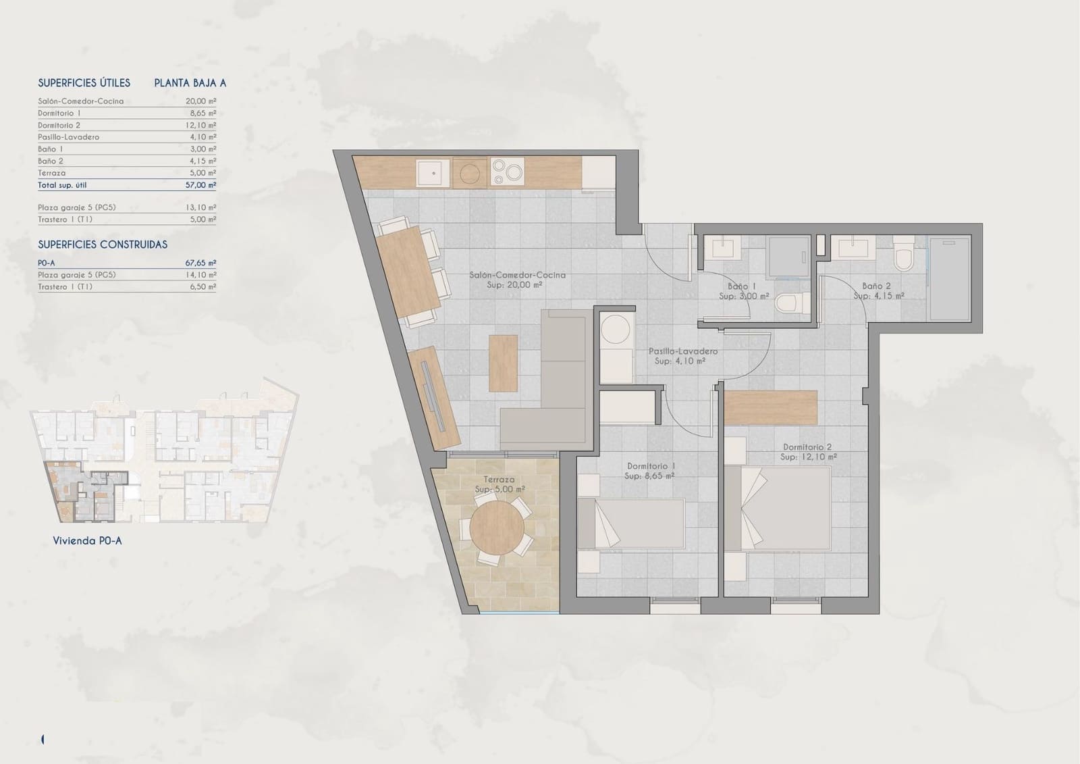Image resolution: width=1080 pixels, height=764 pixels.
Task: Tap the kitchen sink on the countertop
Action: (432, 172)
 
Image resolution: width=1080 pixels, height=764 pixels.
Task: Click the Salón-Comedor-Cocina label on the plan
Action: (517, 276)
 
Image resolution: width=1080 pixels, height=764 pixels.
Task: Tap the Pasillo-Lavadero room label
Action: (682, 351)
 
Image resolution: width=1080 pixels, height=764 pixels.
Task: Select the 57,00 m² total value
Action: (201, 185)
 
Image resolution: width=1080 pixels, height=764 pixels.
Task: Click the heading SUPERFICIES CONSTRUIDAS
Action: (103, 245)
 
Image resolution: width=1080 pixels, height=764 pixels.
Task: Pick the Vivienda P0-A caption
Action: (87, 540)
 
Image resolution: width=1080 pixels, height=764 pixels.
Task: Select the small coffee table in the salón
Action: (503, 363)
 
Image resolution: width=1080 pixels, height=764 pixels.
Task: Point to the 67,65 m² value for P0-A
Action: (201, 263)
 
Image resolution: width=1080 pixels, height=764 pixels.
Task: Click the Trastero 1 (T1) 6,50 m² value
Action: (201, 287)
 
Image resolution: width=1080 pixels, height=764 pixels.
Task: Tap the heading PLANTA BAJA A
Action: (190, 83)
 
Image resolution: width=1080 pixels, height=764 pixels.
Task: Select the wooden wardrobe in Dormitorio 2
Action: (771, 407)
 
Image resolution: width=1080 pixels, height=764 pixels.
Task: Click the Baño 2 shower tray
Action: (949, 278)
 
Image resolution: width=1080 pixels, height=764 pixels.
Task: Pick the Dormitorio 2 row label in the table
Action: (59, 126)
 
